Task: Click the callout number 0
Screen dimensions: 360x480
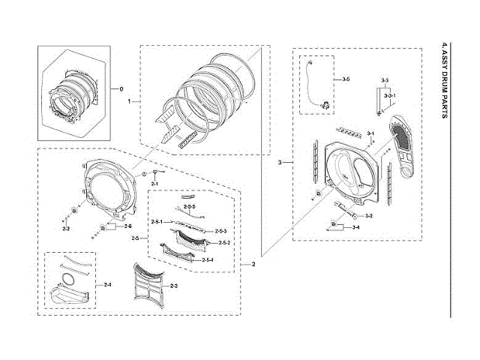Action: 121,88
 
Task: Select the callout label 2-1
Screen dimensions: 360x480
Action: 155,184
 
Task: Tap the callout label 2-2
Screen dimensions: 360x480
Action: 66,228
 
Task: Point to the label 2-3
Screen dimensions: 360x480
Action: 173,286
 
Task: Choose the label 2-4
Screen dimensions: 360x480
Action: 108,285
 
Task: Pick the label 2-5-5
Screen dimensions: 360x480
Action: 190,206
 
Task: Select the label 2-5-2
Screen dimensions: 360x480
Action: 223,243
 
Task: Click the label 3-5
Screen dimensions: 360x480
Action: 346,79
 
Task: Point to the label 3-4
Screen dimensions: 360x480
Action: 355,227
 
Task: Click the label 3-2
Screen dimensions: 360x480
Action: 368,215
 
